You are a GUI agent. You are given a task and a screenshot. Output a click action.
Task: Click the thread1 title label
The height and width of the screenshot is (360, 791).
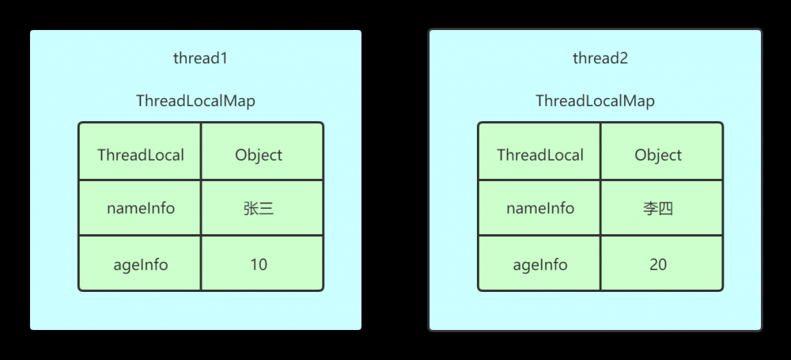[x=195, y=59]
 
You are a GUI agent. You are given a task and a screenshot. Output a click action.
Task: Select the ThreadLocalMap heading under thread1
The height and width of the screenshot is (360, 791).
[x=195, y=101]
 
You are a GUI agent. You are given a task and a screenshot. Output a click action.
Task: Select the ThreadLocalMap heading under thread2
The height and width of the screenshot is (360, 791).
[x=595, y=101]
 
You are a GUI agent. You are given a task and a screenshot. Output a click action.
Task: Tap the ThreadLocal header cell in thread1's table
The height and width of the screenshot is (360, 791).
[x=140, y=155]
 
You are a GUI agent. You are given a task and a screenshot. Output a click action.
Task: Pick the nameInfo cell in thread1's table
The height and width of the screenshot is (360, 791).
[x=140, y=209]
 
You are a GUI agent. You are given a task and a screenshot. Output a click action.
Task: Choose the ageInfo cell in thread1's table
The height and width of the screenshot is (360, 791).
[x=140, y=264]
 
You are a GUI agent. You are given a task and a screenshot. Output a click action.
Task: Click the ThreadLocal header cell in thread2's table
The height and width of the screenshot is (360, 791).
[x=539, y=155]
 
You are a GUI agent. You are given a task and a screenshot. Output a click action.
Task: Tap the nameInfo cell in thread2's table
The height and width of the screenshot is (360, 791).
[x=539, y=209]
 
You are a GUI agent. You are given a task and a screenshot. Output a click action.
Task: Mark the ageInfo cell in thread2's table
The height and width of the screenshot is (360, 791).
[x=539, y=264]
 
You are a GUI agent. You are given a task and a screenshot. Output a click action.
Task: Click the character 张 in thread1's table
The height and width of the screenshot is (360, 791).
[x=251, y=209]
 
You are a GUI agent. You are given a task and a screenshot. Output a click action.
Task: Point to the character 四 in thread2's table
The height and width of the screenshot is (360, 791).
[x=666, y=209]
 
